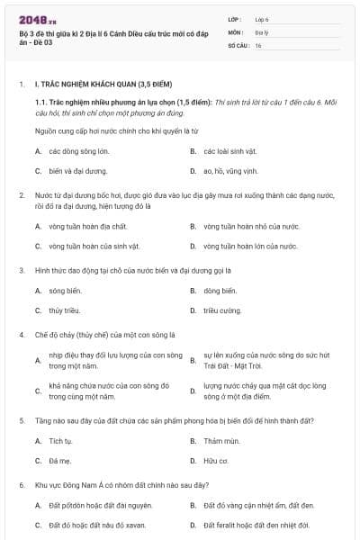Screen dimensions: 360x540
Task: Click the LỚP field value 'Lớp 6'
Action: coord(262,19)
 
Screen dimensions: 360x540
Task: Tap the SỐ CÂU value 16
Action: coord(258,44)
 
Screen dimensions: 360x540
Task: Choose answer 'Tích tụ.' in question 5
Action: coord(61,441)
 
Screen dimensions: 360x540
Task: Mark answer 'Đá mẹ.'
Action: coord(60,461)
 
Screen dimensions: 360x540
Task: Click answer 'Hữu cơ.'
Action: coord(216,461)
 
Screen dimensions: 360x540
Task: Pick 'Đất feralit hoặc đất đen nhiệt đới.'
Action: coord(256,525)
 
